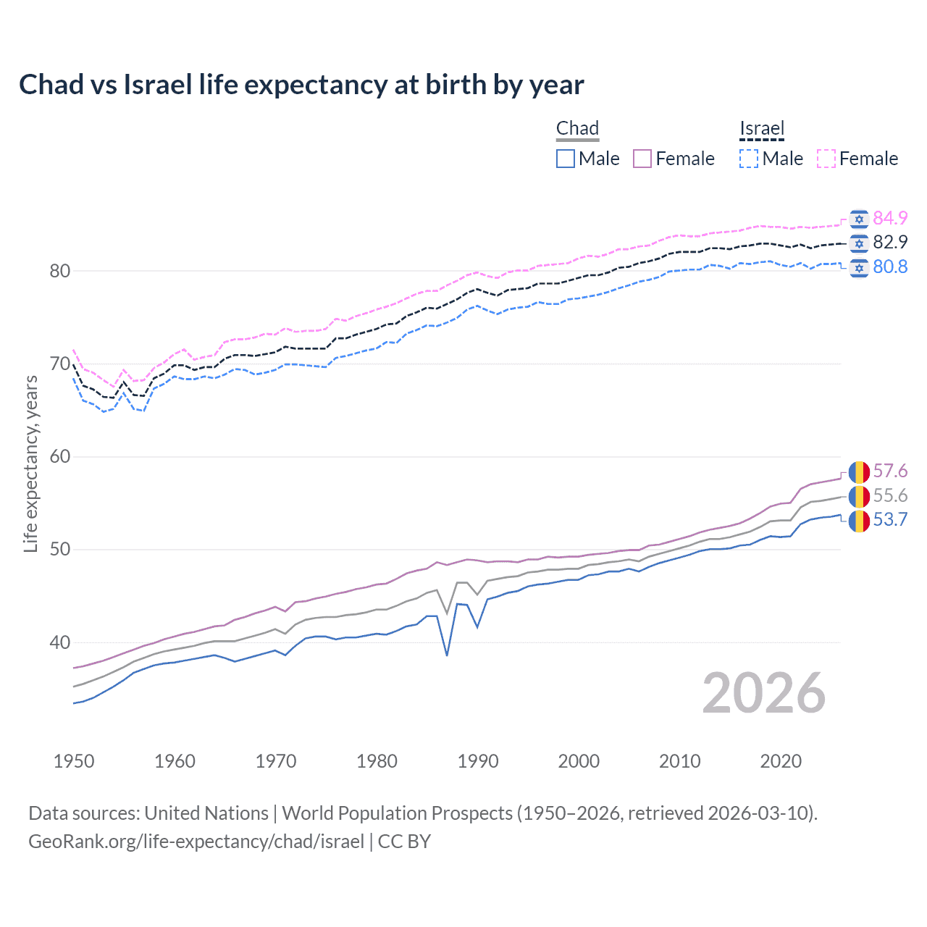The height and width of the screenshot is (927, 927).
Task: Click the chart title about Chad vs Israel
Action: click(x=301, y=85)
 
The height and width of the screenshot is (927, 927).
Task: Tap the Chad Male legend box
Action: click(x=566, y=159)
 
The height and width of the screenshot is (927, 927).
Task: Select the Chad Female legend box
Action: click(x=642, y=159)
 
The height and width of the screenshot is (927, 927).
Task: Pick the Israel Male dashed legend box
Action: click(x=749, y=159)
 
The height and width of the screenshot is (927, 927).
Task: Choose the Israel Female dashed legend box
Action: click(x=826, y=159)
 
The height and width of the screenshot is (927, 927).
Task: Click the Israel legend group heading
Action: click(x=762, y=129)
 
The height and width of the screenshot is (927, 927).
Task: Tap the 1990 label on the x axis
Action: click(x=478, y=761)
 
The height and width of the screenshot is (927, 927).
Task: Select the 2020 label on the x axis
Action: click(x=781, y=761)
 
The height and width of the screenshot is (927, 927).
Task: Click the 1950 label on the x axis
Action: click(x=74, y=761)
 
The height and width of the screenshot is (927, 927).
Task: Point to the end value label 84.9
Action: click(x=890, y=218)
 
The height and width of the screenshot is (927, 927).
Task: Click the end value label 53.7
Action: click(x=890, y=520)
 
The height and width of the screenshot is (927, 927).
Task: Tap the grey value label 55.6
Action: click(x=890, y=495)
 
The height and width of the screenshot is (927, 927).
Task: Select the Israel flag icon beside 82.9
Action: click(x=859, y=243)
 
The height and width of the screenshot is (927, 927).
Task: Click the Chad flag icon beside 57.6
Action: click(x=859, y=472)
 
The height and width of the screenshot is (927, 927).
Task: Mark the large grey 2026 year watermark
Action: click(x=764, y=693)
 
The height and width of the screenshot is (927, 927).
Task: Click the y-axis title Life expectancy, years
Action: click(x=31, y=463)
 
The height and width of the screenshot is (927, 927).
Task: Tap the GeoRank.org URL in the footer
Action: click(x=196, y=842)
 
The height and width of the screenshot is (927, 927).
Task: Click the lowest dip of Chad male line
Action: click(x=447, y=655)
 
